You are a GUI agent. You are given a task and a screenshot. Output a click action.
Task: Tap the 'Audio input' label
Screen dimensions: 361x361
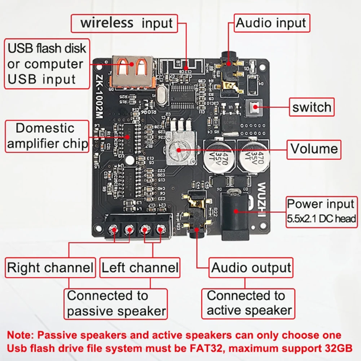272,23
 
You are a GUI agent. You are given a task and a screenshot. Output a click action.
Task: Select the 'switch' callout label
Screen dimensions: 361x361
312,107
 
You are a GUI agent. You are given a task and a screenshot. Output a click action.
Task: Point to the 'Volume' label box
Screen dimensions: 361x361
314,149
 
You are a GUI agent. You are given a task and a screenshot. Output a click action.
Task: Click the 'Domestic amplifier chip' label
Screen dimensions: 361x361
47,136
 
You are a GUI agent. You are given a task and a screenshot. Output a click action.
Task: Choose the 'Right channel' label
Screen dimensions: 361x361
50,268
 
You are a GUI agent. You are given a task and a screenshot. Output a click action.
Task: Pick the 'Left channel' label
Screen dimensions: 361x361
140,268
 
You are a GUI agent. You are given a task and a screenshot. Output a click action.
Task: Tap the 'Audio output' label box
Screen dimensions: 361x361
251,268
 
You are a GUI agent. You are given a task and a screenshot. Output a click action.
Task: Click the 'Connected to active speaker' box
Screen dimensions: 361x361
248,303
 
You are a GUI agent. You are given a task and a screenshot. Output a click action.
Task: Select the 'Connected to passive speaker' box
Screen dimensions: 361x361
116,303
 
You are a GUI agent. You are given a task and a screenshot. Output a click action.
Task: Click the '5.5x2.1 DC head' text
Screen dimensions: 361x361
321,219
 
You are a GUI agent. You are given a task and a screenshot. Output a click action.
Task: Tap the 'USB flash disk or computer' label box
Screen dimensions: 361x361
47,64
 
